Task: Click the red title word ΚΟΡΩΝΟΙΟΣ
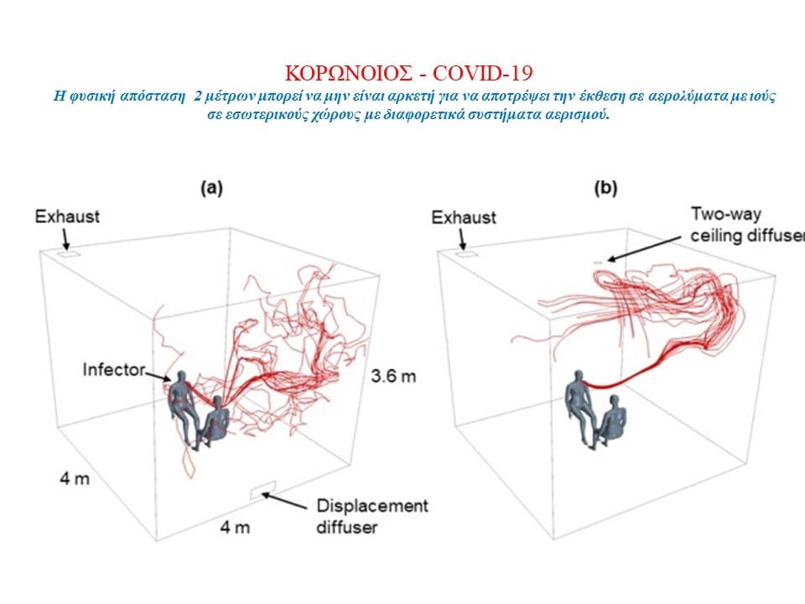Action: coord(348,74)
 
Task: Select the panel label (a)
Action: coord(211,188)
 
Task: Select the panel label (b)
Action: coord(605,188)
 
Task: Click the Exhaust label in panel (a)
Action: coord(67,216)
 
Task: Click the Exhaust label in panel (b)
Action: coord(464,218)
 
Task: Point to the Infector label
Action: coord(114,369)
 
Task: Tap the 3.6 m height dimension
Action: coord(393,377)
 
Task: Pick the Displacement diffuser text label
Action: coord(371,516)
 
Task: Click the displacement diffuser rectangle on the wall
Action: coord(263,489)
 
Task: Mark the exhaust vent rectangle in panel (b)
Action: coord(467,253)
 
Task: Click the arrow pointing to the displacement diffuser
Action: coord(284,502)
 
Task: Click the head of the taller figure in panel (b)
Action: coord(579,377)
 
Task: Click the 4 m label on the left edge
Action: coord(75,479)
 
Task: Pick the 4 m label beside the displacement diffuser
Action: coord(235,528)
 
